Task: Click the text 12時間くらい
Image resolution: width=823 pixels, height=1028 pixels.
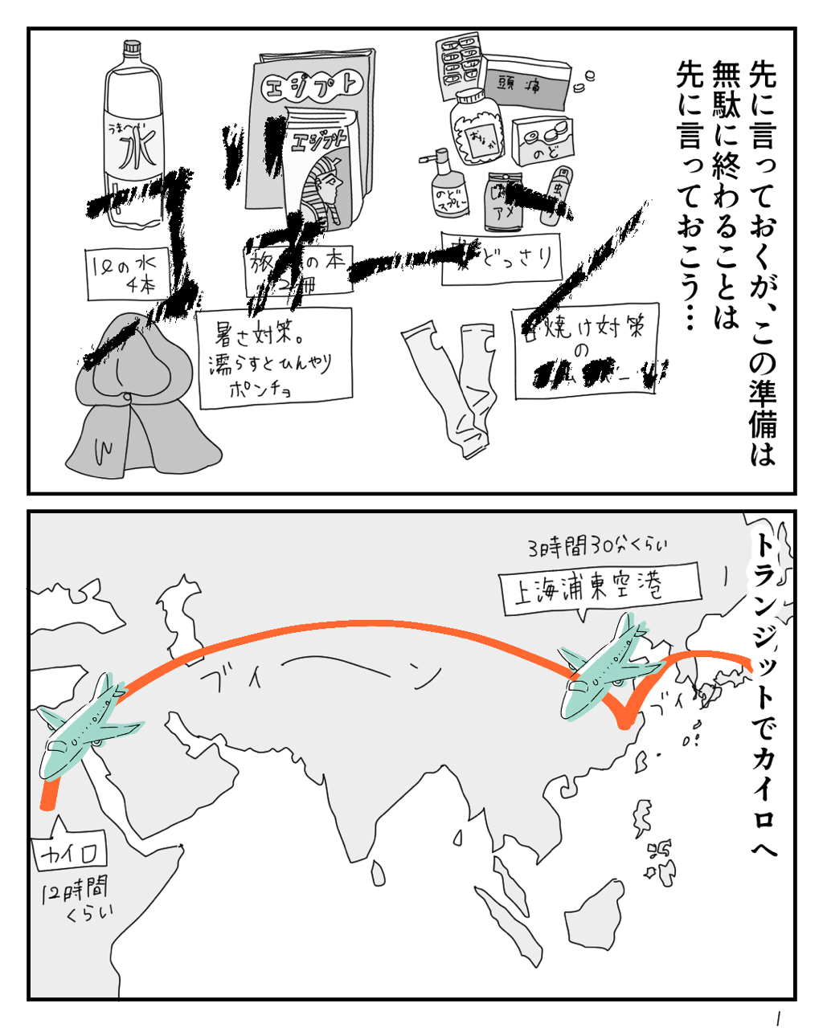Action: coord(76,899)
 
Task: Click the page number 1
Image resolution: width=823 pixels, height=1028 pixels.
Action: coord(778,1017)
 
